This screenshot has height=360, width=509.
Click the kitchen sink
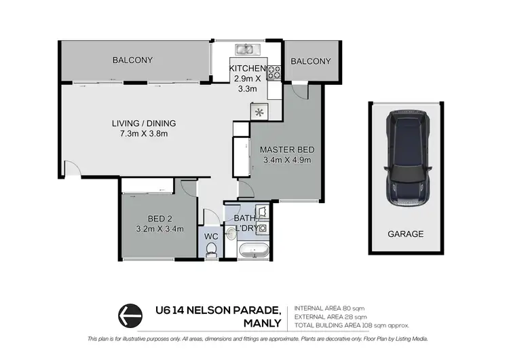pyautogui.click(x=244, y=49)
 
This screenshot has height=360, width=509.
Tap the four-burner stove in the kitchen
pyautogui.click(x=274, y=72)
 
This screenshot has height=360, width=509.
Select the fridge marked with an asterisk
pyautogui.click(x=259, y=112)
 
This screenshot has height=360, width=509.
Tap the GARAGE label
pyautogui.click(x=405, y=234)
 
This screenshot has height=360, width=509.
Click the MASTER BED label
pyautogui.click(x=285, y=150)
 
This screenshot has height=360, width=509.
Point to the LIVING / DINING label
pyautogui.click(x=144, y=123)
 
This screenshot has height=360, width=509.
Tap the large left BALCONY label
pyautogui.click(x=132, y=60)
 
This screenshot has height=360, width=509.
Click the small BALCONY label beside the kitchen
pyautogui.click(x=310, y=61)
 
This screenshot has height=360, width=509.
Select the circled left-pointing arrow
pyautogui.click(x=130, y=315)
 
